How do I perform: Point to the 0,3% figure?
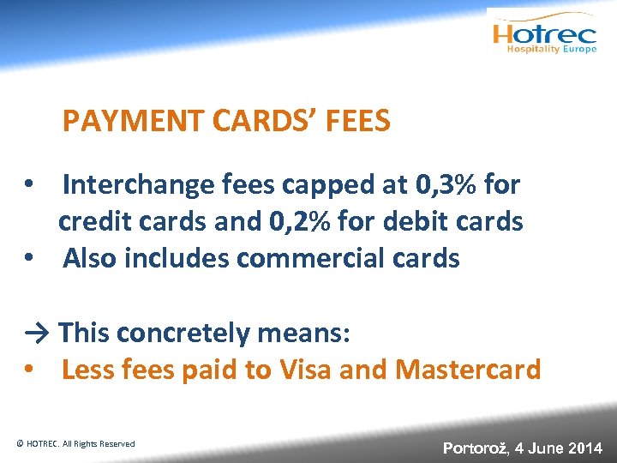coord(448,184)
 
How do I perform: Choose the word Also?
coord(90,258)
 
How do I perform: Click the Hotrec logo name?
coord(543,33)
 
